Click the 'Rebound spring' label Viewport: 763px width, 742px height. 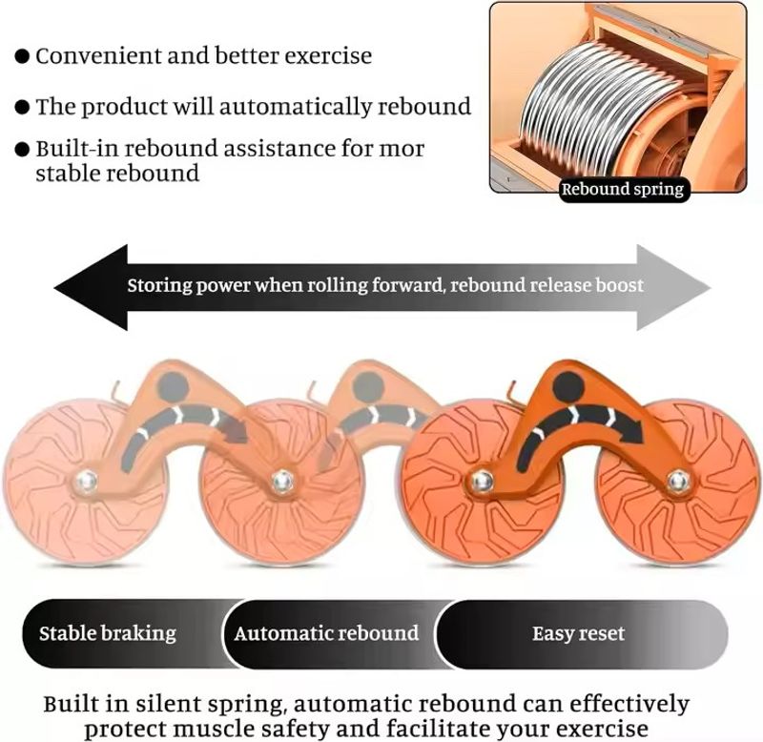click(x=623, y=189)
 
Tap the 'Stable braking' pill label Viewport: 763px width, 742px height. click(x=108, y=633)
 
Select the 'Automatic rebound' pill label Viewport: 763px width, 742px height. click(x=326, y=633)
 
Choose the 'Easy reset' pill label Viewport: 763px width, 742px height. click(x=578, y=633)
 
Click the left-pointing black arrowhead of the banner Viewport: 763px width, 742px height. click(x=91, y=288)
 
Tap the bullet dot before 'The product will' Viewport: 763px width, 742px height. click(x=22, y=107)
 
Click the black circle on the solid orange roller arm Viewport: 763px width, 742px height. click(x=568, y=387)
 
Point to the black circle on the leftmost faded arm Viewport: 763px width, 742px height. click(x=173, y=387)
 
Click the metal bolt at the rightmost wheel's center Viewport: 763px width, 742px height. click(x=678, y=482)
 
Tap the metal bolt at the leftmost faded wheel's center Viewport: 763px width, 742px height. click(x=87, y=483)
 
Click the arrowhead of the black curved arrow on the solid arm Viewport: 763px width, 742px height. click(x=631, y=429)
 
